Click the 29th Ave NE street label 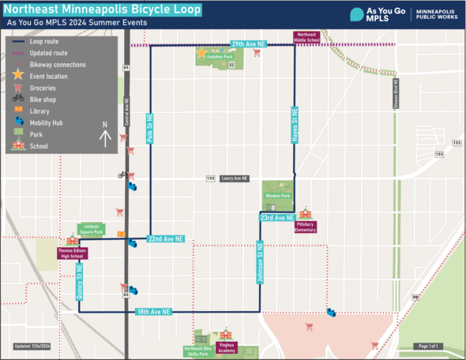[245, 43]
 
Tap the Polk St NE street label [149, 129]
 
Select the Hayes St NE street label [294, 125]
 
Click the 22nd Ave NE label [166, 238]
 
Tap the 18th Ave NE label [154, 312]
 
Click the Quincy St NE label [80, 282]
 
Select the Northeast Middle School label [306, 36]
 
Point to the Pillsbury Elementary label [306, 227]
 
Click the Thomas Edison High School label [72, 253]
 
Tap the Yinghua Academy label [226, 348]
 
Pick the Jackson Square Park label [92, 230]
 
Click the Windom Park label [278, 195]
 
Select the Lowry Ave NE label [234, 178]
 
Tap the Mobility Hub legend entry [47, 123]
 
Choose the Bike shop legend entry [43, 99]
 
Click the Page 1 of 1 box [427, 346]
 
